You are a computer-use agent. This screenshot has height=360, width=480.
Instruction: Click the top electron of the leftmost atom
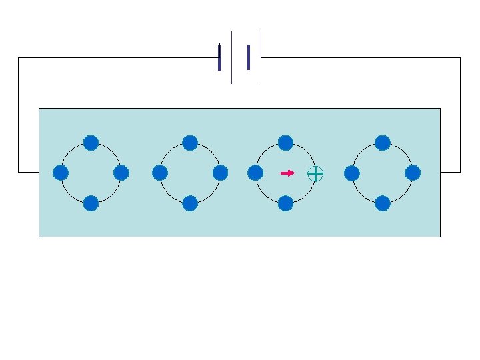click(x=91, y=143)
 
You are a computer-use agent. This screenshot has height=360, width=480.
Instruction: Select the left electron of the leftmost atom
click(x=61, y=173)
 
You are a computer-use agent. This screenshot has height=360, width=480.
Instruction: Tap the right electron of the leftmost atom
click(x=121, y=173)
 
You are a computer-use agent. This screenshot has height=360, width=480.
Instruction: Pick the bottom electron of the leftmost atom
click(x=91, y=203)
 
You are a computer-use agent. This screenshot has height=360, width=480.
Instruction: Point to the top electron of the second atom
click(x=190, y=143)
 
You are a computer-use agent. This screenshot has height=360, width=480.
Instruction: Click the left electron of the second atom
click(x=159, y=173)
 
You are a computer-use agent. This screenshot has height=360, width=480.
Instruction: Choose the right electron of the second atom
click(x=221, y=173)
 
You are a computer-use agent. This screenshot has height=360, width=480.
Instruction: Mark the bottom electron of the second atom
click(x=190, y=203)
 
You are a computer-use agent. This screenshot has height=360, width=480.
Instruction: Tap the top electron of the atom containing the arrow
click(x=285, y=143)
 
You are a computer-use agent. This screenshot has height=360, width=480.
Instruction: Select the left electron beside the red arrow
click(x=255, y=173)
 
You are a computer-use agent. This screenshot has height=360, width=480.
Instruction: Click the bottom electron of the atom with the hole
click(x=285, y=203)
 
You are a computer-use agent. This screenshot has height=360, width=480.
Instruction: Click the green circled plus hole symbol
click(x=315, y=174)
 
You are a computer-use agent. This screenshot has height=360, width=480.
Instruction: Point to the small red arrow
click(x=287, y=173)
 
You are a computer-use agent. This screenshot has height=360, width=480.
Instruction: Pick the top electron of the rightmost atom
click(x=383, y=143)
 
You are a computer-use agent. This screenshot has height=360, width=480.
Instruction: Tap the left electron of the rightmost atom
click(x=352, y=173)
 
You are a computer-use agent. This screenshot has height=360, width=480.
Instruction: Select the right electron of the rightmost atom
click(x=413, y=173)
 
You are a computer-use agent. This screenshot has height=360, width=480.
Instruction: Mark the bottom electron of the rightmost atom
click(x=383, y=203)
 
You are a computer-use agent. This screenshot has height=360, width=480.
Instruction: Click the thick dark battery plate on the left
click(x=219, y=57)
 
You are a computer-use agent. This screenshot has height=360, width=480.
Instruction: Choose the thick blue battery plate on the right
click(x=248, y=57)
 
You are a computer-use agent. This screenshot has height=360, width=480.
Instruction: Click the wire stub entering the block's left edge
click(x=29, y=172)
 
